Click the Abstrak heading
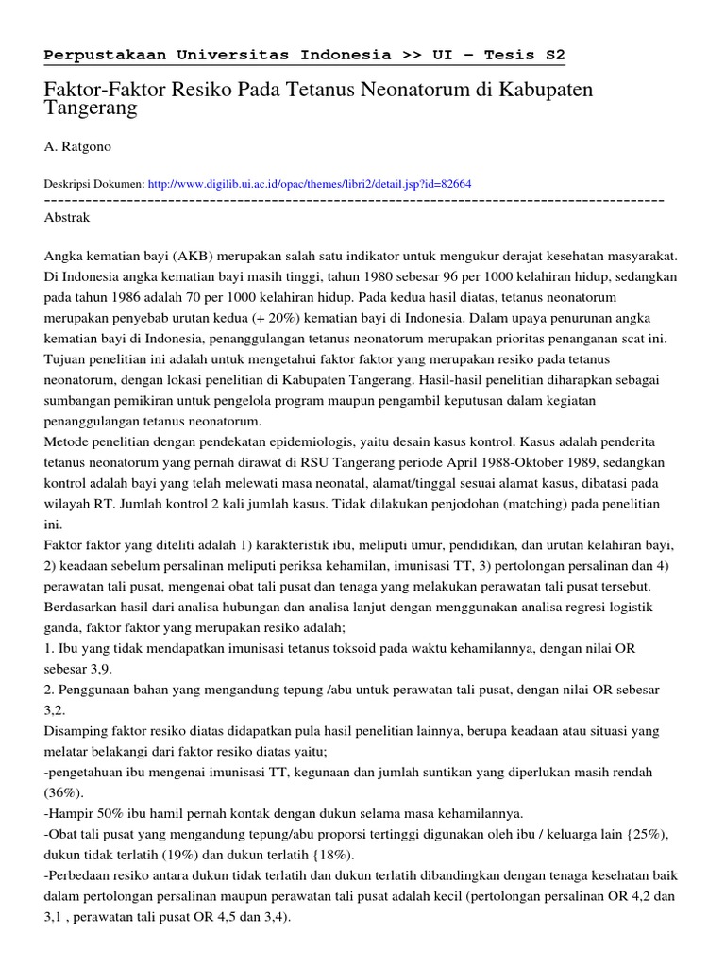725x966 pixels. [67, 217]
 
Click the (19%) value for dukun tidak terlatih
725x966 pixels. [160, 856]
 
